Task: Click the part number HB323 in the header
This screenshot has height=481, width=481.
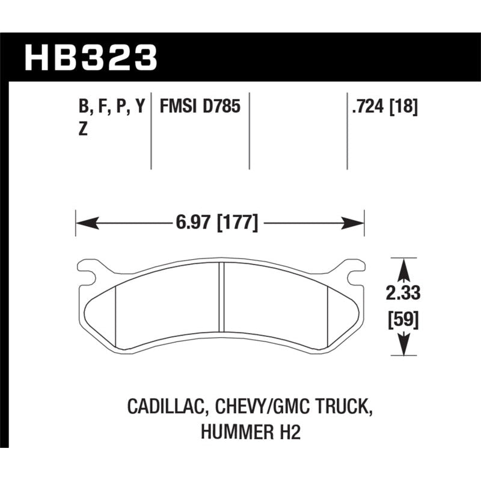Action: click(x=90, y=58)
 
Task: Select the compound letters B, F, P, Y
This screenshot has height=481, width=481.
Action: click(x=111, y=108)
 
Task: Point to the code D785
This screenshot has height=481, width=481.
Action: click(x=222, y=108)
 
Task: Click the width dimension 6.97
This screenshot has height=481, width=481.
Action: click(x=192, y=224)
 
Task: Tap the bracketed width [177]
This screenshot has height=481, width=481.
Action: click(x=237, y=224)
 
